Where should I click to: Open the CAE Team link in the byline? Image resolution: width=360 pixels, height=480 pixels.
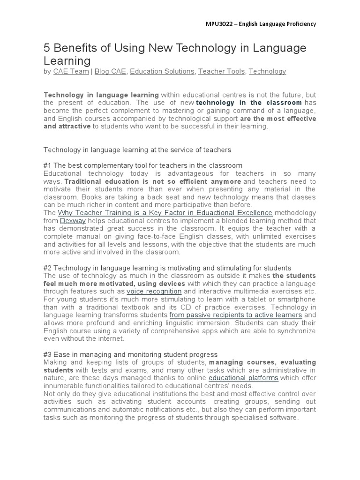point(71,71)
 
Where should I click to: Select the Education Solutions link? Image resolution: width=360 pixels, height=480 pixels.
point(162,71)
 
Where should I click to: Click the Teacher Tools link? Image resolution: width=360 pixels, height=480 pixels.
point(221,71)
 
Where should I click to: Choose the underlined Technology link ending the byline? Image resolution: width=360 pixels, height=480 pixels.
point(267,71)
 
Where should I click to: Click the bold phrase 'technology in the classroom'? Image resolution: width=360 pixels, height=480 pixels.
point(249,102)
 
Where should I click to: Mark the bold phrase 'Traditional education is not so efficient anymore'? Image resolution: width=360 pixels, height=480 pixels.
point(153,181)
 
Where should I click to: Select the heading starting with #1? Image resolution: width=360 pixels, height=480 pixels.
point(142,165)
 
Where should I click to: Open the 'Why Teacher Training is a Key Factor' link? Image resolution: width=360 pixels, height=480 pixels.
point(165,213)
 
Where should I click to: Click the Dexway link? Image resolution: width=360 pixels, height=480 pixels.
point(73,221)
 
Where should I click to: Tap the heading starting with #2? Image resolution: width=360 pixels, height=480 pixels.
point(167,268)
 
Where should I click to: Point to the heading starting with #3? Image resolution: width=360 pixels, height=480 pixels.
point(130,354)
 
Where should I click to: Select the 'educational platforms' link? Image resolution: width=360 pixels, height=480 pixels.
point(243,378)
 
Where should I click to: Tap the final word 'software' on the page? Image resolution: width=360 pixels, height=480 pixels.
point(283,417)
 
